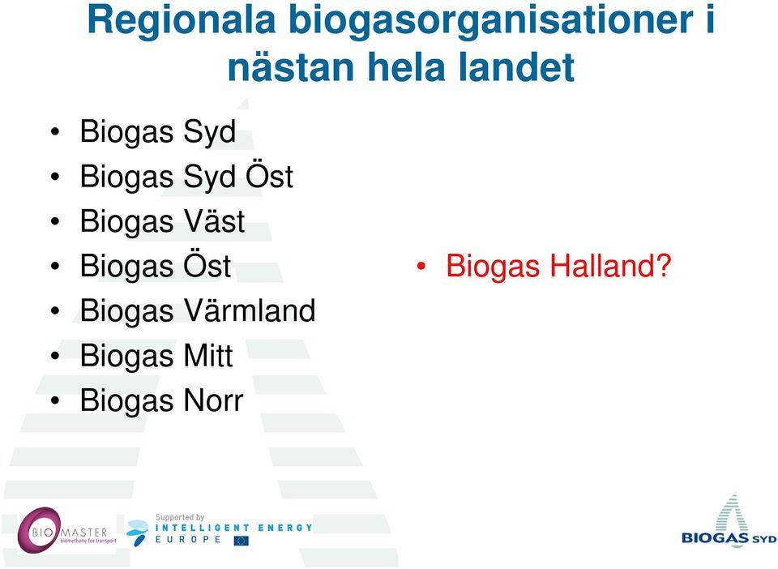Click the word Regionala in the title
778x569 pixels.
[x=181, y=21]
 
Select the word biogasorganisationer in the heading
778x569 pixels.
[x=491, y=21]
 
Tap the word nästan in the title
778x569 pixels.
[x=291, y=67]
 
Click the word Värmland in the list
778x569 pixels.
[x=250, y=310]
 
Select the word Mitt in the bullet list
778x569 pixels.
[x=208, y=355]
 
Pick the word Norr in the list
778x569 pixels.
[x=214, y=400]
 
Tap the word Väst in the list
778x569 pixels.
[x=214, y=220]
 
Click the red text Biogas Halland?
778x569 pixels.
[x=558, y=267]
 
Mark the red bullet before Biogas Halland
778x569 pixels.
[x=421, y=267]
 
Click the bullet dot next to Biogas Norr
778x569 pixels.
[x=55, y=401]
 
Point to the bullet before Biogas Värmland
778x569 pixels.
[x=55, y=311]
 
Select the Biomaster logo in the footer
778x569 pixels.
[x=66, y=530]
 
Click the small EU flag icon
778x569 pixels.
[x=242, y=541]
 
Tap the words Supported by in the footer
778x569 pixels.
[x=180, y=517]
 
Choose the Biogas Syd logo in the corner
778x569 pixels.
[x=729, y=521]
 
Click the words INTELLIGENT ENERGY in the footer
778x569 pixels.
[x=233, y=528]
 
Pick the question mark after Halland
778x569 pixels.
[x=664, y=265]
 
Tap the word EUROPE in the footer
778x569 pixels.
[x=188, y=539]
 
